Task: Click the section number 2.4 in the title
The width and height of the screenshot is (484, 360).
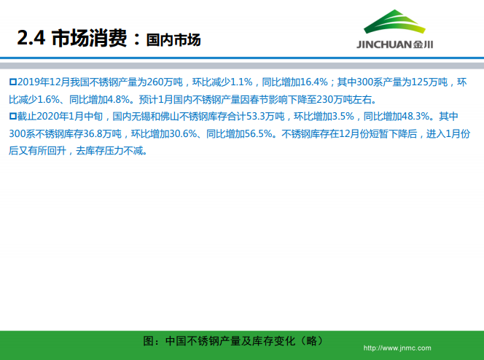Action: point(31,38)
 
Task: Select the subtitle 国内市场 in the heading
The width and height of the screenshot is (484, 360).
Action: point(173,39)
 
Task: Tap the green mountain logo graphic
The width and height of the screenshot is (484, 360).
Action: point(394,23)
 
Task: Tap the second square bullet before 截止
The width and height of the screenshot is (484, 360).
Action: point(12,117)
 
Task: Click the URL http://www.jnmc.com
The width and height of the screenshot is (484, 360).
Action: point(397,348)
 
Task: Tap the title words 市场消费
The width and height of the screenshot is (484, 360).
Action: point(90,38)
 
